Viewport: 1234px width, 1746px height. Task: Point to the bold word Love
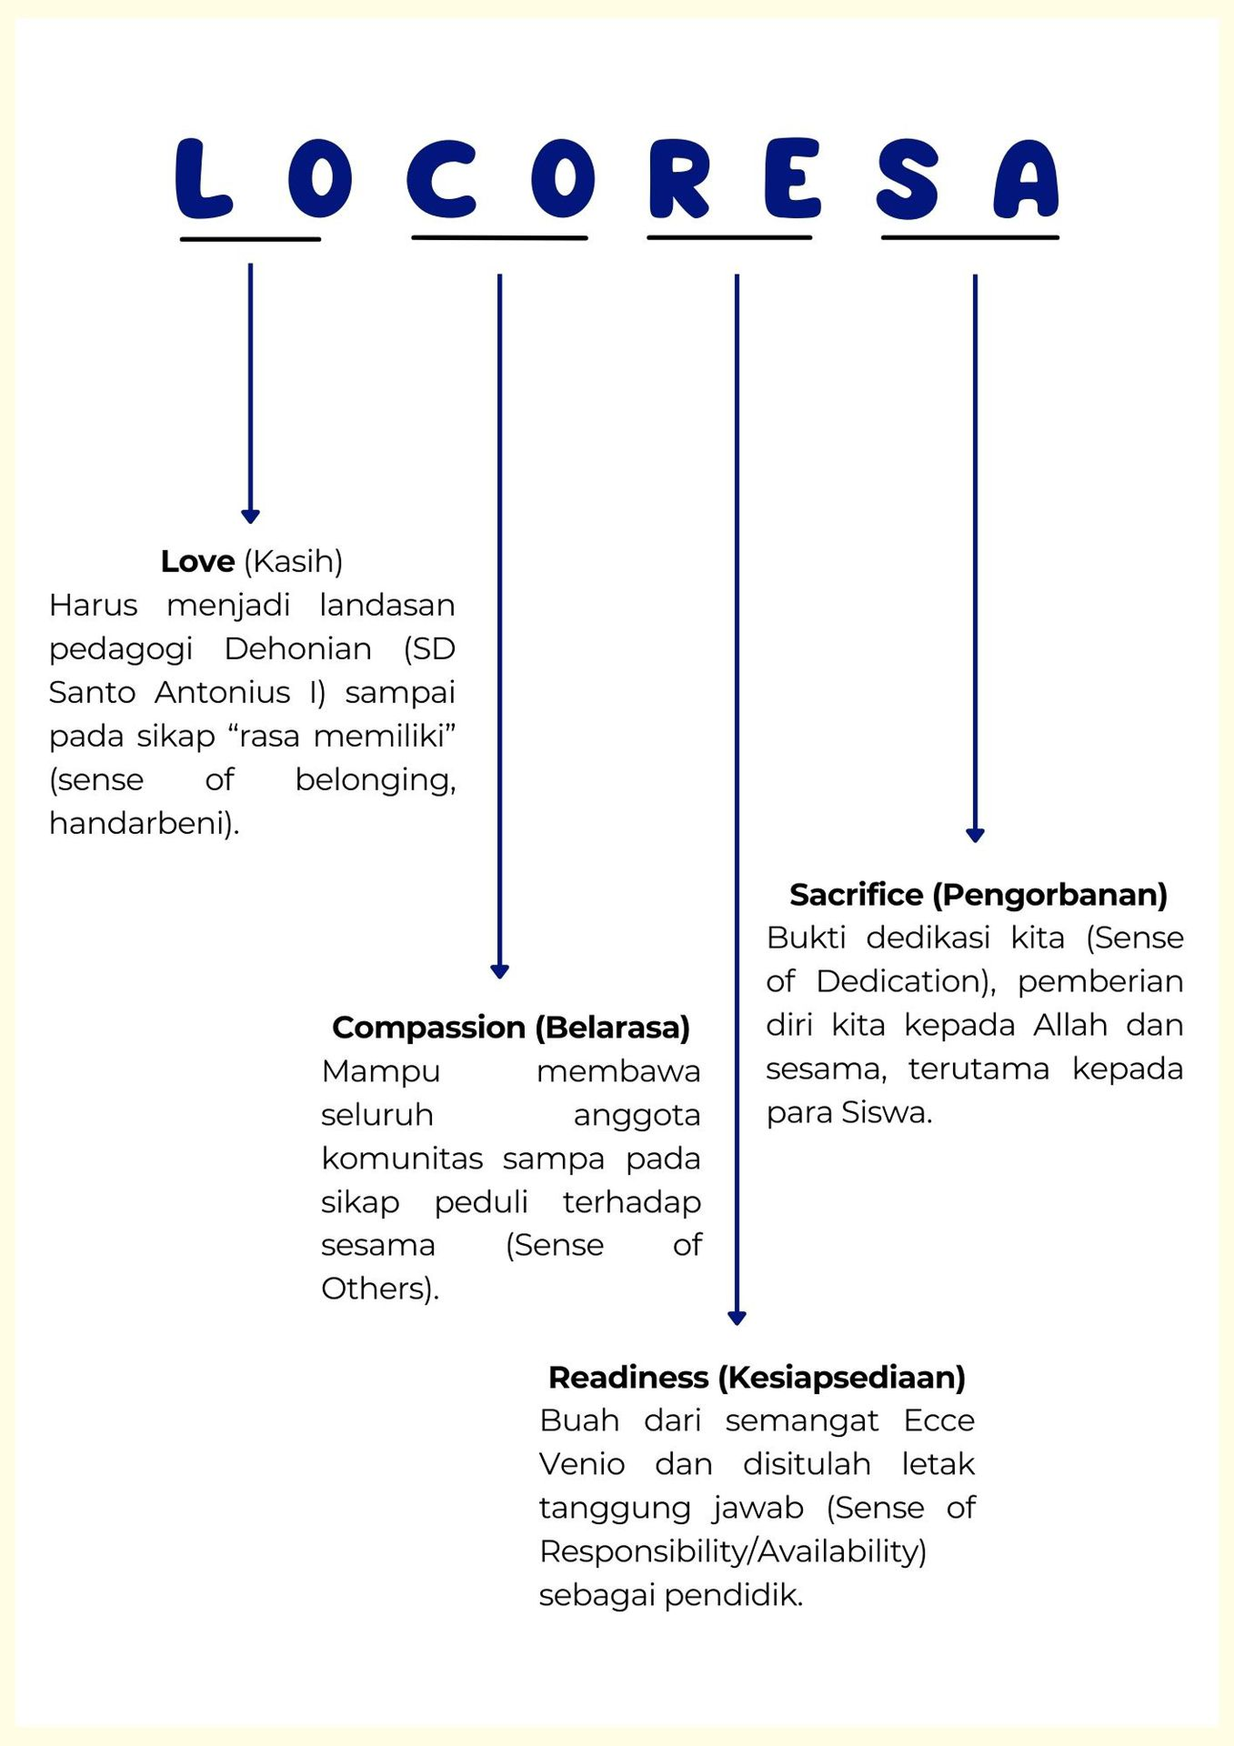197,561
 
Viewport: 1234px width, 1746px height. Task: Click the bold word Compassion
428,1028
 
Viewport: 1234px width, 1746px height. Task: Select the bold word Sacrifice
856,895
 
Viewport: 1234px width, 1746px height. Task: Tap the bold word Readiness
627,1378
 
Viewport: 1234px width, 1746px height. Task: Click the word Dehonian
297,648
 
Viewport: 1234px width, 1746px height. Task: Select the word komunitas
402,1159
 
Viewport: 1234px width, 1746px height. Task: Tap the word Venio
582,1464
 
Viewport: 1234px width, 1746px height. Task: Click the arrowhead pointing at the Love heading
250,517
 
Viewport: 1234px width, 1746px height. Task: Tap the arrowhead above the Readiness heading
737,1318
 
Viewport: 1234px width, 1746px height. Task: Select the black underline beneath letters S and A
970,237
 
